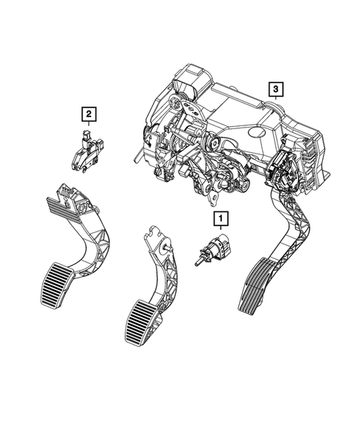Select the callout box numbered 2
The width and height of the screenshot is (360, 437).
click(88, 114)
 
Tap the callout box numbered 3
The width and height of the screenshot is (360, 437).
click(275, 91)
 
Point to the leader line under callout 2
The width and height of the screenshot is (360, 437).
click(88, 125)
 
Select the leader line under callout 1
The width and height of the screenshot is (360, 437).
click(219, 230)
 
